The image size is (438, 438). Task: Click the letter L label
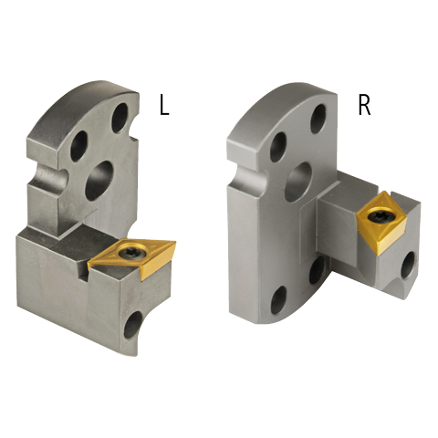click(164, 106)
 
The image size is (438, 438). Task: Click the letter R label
click(364, 106)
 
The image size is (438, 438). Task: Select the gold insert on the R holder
click(382, 222)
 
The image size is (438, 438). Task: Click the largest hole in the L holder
click(99, 181)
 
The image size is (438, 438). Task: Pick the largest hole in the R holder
click(298, 182)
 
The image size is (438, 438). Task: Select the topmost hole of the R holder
click(318, 120)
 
